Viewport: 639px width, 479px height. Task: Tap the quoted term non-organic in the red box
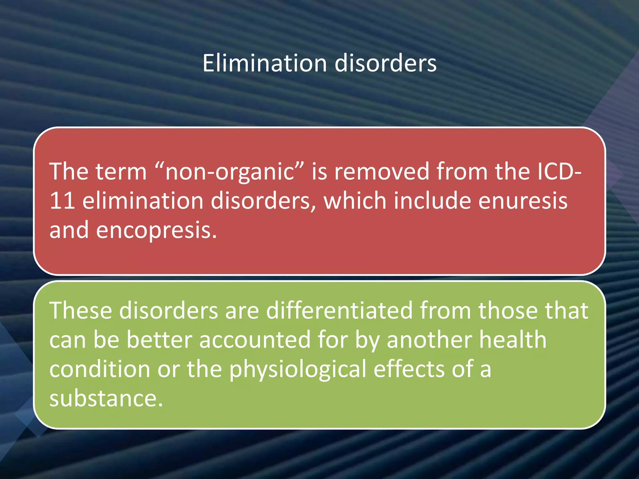pos(229,172)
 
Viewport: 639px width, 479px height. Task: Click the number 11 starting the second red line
pos(62,201)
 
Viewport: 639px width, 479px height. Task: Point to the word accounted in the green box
pos(255,340)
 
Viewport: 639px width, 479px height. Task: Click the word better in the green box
pos(159,340)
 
